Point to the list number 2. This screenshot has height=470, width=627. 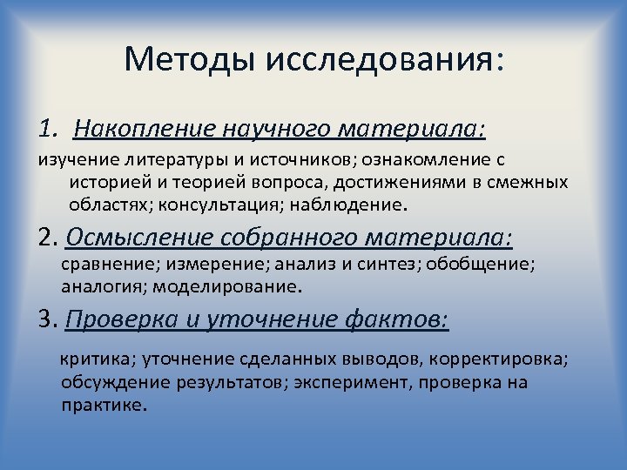[48, 237]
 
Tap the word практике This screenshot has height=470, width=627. [103, 405]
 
